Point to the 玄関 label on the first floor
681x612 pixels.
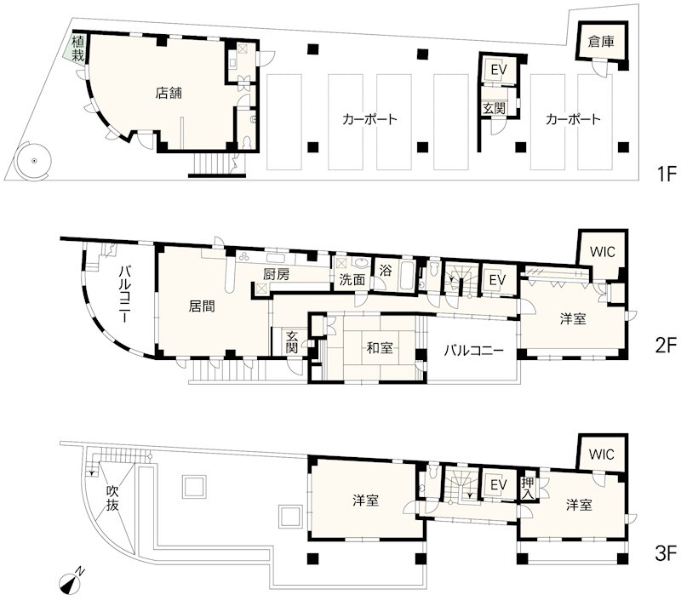point(493,108)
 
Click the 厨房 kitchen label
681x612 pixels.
point(277,275)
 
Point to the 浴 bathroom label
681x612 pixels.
point(386,271)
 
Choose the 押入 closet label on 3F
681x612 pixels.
point(528,487)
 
